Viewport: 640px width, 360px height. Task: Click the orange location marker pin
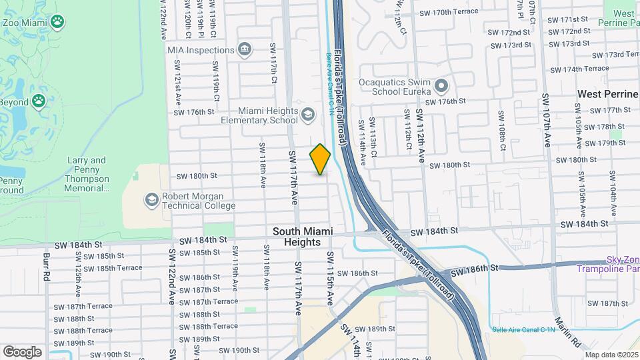click(x=320, y=159)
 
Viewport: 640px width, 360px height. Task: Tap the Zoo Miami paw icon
click(x=59, y=21)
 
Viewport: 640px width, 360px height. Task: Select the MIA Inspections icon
click(x=245, y=49)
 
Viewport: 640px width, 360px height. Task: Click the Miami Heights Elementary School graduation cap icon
click(x=307, y=115)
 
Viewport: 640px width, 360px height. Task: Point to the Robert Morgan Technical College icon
click(x=152, y=199)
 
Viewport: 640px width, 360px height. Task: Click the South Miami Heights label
click(x=302, y=237)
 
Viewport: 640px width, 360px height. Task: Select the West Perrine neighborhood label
click(x=607, y=94)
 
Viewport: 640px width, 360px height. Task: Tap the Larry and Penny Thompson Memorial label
click(x=87, y=174)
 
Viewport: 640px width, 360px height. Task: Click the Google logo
click(x=22, y=351)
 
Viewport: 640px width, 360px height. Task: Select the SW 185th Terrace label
click(x=113, y=268)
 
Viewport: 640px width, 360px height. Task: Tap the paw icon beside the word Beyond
click(x=39, y=101)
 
